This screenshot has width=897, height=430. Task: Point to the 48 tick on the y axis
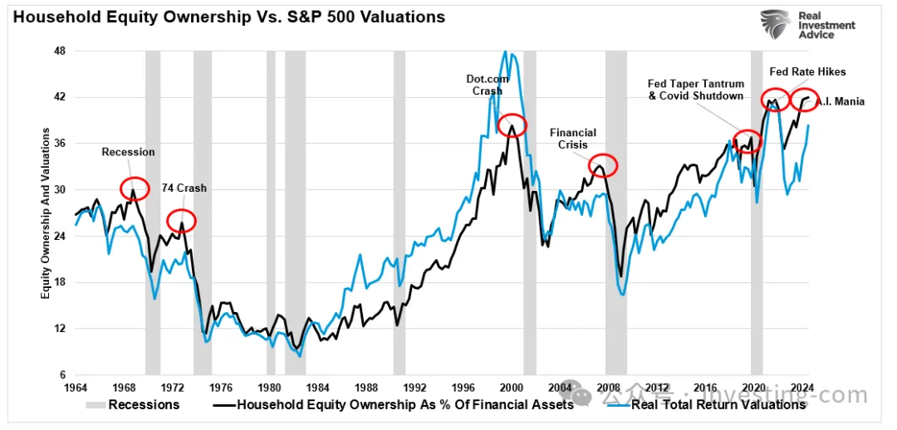[x=59, y=51]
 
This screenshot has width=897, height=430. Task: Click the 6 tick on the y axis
[x=61, y=375]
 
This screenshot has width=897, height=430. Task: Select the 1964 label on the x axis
[x=76, y=387]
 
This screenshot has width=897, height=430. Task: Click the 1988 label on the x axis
[x=366, y=387]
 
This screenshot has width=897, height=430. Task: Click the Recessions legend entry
[x=132, y=405]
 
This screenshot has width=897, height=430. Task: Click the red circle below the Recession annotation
[x=133, y=189]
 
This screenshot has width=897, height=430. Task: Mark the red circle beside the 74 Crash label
[x=182, y=221]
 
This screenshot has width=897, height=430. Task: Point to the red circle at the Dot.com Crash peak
[x=512, y=125]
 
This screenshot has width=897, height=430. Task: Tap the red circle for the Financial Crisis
[x=603, y=166]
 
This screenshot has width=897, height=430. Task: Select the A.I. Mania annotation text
[x=840, y=102]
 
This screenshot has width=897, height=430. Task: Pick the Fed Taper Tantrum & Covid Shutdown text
[x=695, y=90]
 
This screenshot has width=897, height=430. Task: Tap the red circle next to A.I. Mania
[x=802, y=100]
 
